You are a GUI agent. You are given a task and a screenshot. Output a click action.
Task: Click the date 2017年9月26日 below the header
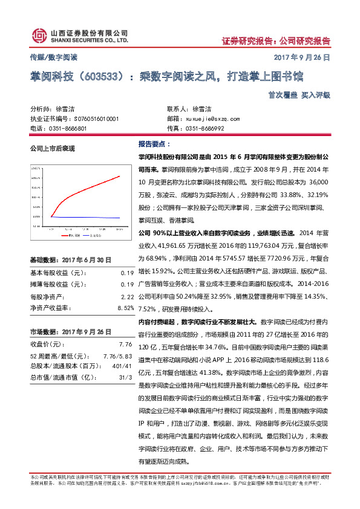click(x=304, y=58)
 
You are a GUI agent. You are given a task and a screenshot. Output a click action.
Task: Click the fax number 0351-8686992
click(x=205, y=129)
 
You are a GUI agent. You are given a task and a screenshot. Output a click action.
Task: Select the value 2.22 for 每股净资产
click(x=127, y=297)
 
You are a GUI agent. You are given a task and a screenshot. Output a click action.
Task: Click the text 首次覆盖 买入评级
click(x=303, y=95)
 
